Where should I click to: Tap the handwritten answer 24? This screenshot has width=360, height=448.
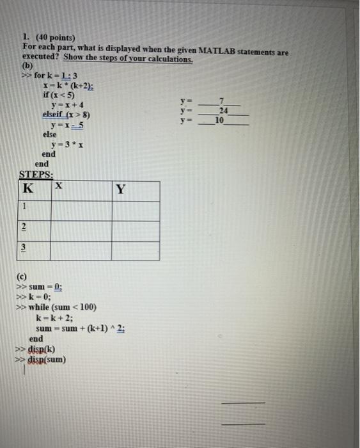222,110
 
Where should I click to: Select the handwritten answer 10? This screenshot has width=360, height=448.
220,120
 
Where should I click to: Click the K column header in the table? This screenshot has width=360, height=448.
27,189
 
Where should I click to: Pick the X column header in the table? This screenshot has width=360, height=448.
58,186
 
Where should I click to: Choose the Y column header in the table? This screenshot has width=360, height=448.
121,189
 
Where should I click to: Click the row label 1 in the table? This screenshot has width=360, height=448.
24,207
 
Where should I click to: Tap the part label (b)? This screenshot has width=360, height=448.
27,66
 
